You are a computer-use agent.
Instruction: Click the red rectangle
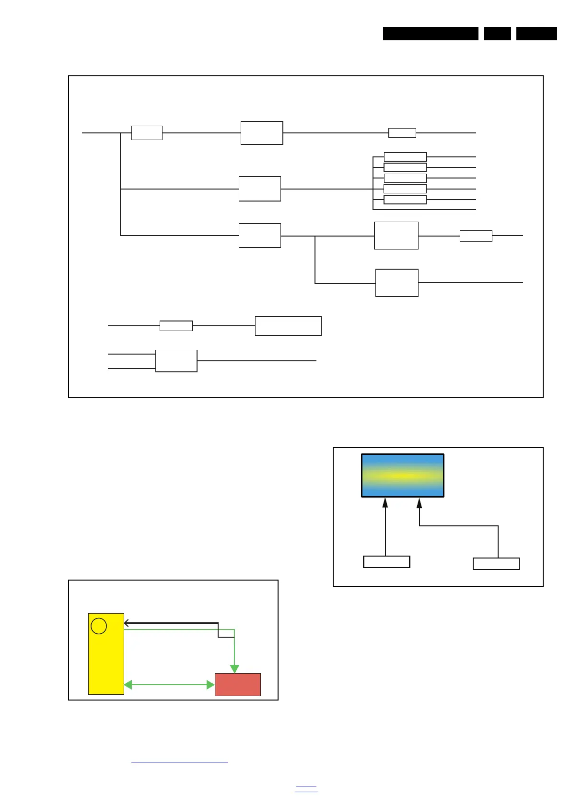tap(237, 684)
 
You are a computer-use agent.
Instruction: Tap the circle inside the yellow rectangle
tap(99, 626)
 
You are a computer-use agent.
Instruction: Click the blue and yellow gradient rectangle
tap(402, 475)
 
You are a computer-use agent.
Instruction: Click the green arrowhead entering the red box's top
tap(234, 669)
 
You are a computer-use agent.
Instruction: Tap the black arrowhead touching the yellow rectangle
tap(127, 623)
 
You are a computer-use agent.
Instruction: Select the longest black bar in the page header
tap(431, 34)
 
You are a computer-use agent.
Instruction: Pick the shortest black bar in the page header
tap(497, 34)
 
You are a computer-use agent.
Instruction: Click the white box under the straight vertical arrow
tap(386, 562)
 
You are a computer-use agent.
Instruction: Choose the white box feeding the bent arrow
tap(496, 564)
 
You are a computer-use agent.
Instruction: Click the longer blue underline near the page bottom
tap(179, 761)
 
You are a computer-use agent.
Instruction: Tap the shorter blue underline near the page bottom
tap(306, 786)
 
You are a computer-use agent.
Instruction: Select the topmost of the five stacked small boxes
tap(405, 157)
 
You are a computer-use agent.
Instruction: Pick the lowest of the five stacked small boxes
tap(405, 200)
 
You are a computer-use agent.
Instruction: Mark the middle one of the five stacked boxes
tap(405, 178)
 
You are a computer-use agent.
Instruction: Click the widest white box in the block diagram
tap(288, 326)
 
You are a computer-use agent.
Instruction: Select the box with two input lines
tap(176, 361)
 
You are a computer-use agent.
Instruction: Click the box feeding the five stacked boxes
tap(259, 189)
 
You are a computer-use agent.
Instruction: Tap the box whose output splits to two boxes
tap(259, 236)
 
